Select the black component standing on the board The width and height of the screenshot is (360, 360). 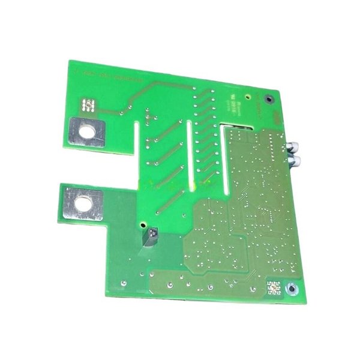(x=151, y=236)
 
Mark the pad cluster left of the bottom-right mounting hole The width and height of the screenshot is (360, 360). (x=274, y=287)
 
